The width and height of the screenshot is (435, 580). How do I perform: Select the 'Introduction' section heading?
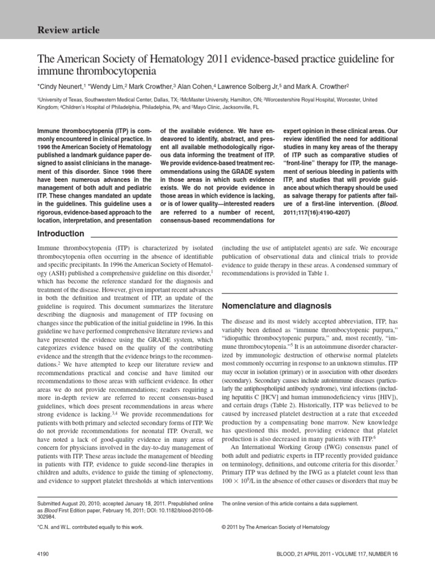[x=61, y=234]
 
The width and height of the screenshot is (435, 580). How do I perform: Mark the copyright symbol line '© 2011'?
[x=275, y=527]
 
